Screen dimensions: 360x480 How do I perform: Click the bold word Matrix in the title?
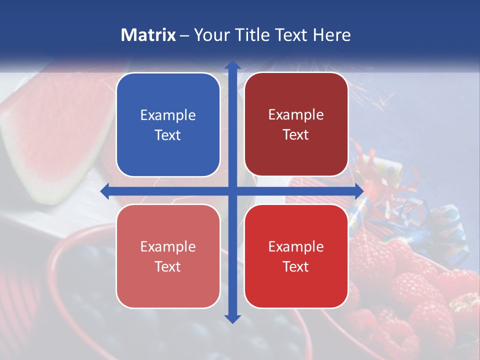pyautogui.click(x=148, y=35)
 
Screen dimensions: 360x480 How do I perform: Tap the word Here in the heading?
pyautogui.click(x=331, y=35)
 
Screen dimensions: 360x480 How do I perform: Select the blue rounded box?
pyautogui.click(x=168, y=125)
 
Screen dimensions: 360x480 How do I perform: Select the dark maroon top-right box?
pyautogui.click(x=296, y=124)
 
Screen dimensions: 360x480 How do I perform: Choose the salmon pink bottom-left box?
pyautogui.click(x=168, y=256)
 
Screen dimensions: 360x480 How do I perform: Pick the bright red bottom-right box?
pyautogui.click(x=296, y=256)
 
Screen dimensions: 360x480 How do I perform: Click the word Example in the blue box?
pyautogui.click(x=168, y=115)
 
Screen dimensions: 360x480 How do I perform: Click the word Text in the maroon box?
pyautogui.click(x=296, y=135)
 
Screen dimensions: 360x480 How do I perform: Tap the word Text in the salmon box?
pyautogui.click(x=168, y=266)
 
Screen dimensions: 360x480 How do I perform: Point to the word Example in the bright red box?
pyautogui.click(x=296, y=246)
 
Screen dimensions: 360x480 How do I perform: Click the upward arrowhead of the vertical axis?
pyautogui.click(x=232, y=65)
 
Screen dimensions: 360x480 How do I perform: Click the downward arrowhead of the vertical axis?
pyautogui.click(x=232, y=318)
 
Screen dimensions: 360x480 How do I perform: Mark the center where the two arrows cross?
pyautogui.click(x=232, y=191)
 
